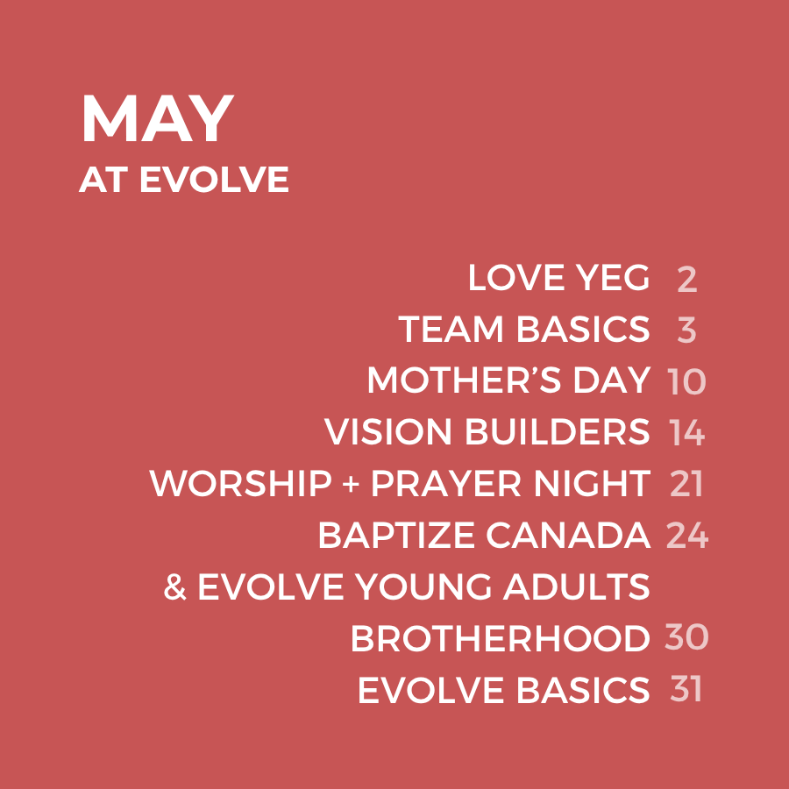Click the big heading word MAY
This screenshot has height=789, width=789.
click(158, 118)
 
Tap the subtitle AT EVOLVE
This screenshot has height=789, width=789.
click(184, 180)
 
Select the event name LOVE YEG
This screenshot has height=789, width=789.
click(559, 277)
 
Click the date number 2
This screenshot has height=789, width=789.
click(686, 280)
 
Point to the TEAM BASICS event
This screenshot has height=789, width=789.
click(524, 329)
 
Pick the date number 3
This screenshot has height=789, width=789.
click(686, 331)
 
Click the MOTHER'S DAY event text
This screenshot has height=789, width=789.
click(508, 380)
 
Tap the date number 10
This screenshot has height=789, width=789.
click(686, 382)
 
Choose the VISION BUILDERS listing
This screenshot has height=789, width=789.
click(487, 431)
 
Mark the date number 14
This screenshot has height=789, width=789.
click(686, 433)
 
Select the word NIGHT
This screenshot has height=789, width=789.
click(592, 484)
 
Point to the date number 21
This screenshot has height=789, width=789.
click(686, 485)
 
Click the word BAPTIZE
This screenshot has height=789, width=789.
click(396, 536)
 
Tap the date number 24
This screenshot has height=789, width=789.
click(686, 536)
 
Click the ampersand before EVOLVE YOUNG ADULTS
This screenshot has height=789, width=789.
click(175, 587)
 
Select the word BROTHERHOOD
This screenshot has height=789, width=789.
click(501, 638)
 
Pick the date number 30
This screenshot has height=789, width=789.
click(686, 637)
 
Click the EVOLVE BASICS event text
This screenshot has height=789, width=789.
click(504, 690)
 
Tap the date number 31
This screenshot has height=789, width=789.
click(686, 689)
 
